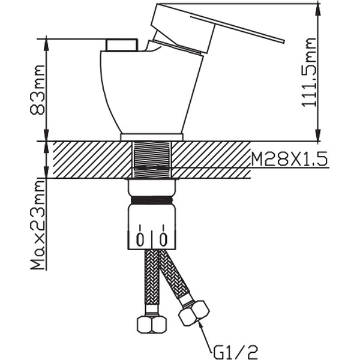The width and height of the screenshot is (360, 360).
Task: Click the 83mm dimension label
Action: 37,90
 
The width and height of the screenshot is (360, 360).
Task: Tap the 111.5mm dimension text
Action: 309,73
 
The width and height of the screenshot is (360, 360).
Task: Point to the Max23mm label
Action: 38,225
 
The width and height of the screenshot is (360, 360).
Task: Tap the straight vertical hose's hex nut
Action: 152,324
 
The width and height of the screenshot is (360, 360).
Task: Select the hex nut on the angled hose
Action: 194,313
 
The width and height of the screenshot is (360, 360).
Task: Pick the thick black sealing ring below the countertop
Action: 152,200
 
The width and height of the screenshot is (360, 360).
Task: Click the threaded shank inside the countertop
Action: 152,160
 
